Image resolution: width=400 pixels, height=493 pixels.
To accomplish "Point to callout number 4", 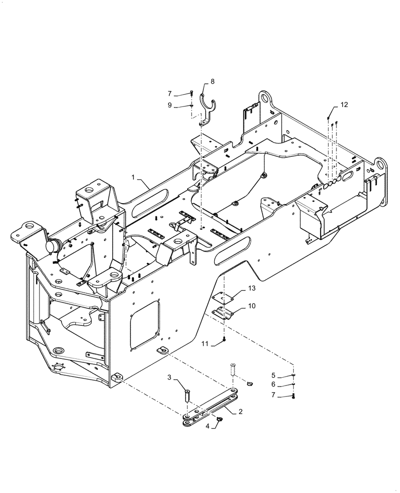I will click(207, 425).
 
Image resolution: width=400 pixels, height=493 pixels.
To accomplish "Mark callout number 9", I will click(170, 105).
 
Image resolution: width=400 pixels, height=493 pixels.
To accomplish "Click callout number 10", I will click(251, 306).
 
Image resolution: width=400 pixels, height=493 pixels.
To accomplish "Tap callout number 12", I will click(343, 105).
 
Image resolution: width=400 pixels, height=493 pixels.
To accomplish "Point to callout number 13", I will click(251, 287).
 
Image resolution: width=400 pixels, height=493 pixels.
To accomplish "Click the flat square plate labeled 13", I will click(222, 297).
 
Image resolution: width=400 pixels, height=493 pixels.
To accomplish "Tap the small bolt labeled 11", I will click(224, 339).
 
